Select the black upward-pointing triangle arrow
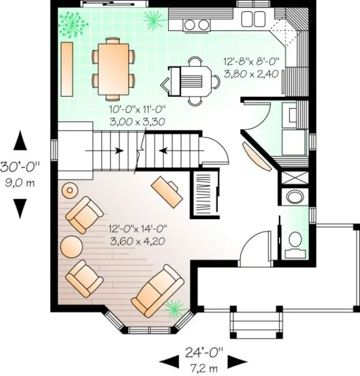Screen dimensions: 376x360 [x=21, y=141]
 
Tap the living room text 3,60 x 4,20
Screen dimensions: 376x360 [x=138, y=240]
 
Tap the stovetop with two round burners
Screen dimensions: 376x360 [x=196, y=23]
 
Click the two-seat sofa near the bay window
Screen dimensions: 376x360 [x=157, y=290]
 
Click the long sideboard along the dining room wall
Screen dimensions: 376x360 [x=67, y=69]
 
